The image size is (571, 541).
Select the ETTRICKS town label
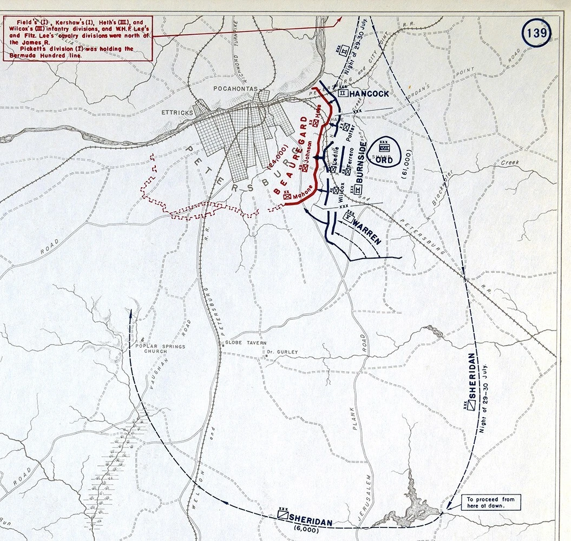tap(177, 113)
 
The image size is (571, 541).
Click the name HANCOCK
tap(369, 94)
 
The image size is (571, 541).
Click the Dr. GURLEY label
tap(283, 352)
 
